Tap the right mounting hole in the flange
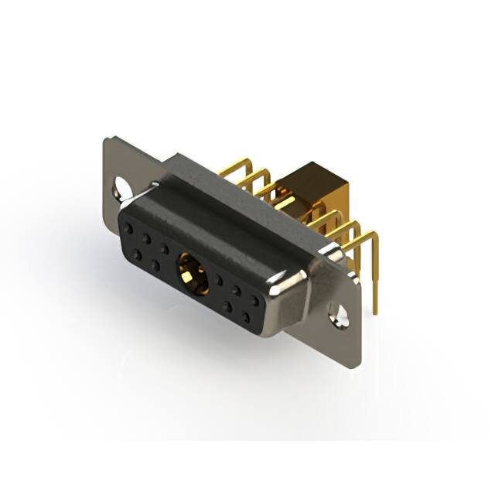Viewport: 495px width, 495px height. pos(337,316)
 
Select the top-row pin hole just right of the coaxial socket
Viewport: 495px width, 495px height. pos(220,278)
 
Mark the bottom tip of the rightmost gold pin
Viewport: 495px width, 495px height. pos(376,311)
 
